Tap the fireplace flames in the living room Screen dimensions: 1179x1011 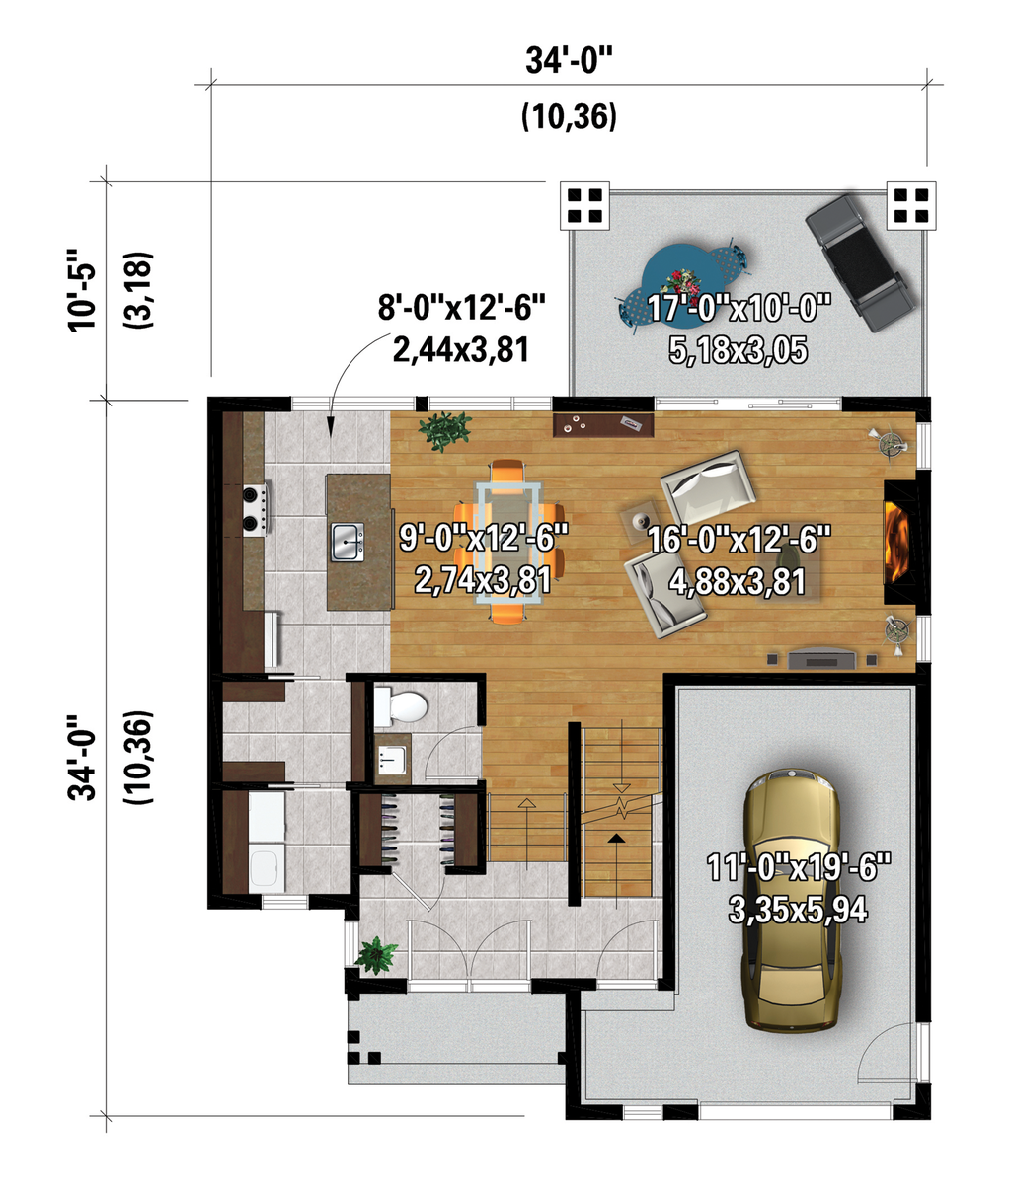(x=896, y=540)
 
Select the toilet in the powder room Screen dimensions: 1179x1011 (x=402, y=706)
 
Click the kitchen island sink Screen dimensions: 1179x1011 (x=347, y=541)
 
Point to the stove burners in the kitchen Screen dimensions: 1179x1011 (x=254, y=509)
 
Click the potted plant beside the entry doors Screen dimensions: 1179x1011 (x=375, y=954)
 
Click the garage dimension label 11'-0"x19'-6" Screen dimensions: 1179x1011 (x=799, y=868)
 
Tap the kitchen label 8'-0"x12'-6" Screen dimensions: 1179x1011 (x=462, y=308)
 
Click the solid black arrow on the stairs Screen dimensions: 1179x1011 (x=617, y=839)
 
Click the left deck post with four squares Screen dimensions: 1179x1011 (x=585, y=204)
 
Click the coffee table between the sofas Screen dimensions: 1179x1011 (x=640, y=518)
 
